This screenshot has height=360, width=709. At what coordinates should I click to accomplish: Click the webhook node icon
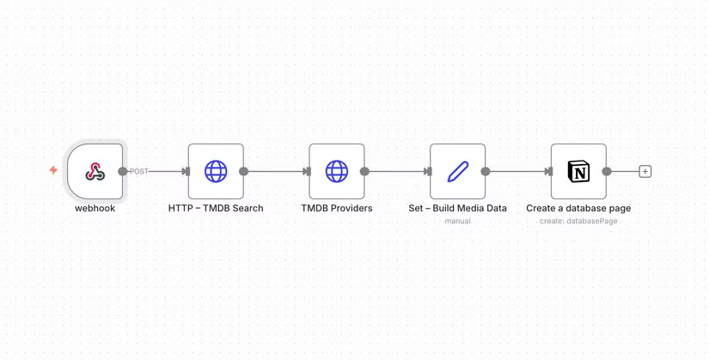coord(95,171)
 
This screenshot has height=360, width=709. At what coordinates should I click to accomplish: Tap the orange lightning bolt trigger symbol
coord(53,170)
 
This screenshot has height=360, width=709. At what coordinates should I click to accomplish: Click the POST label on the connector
coord(139,171)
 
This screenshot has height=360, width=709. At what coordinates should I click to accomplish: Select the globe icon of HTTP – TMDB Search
coord(216,171)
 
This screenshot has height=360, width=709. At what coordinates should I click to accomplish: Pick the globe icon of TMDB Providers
coord(337,171)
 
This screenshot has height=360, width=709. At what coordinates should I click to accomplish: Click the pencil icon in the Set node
coord(457,171)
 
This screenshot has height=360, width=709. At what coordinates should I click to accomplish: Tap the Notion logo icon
coord(578,171)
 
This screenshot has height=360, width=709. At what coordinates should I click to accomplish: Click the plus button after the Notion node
coord(645,171)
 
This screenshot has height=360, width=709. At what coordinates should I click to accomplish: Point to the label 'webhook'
coord(95,208)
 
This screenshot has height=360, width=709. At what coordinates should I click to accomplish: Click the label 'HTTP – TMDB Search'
coord(216,208)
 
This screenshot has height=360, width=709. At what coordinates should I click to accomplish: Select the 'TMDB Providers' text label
coord(337,208)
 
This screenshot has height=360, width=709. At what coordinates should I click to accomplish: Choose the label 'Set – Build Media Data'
coord(457,208)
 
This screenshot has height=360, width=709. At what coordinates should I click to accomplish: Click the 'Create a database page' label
coord(578,208)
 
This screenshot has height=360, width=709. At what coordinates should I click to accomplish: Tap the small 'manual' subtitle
coord(457,221)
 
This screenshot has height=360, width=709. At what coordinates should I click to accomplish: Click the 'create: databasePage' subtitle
coord(578,221)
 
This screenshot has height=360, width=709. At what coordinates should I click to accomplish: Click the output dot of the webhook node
coord(123,171)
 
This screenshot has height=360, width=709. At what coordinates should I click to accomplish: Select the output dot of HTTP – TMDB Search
coord(244,171)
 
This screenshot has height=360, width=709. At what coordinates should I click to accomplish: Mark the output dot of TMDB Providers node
coord(364,171)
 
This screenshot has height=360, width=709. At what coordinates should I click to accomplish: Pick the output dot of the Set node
coord(486,171)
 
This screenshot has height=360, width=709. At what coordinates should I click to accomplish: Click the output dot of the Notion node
coord(607,171)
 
